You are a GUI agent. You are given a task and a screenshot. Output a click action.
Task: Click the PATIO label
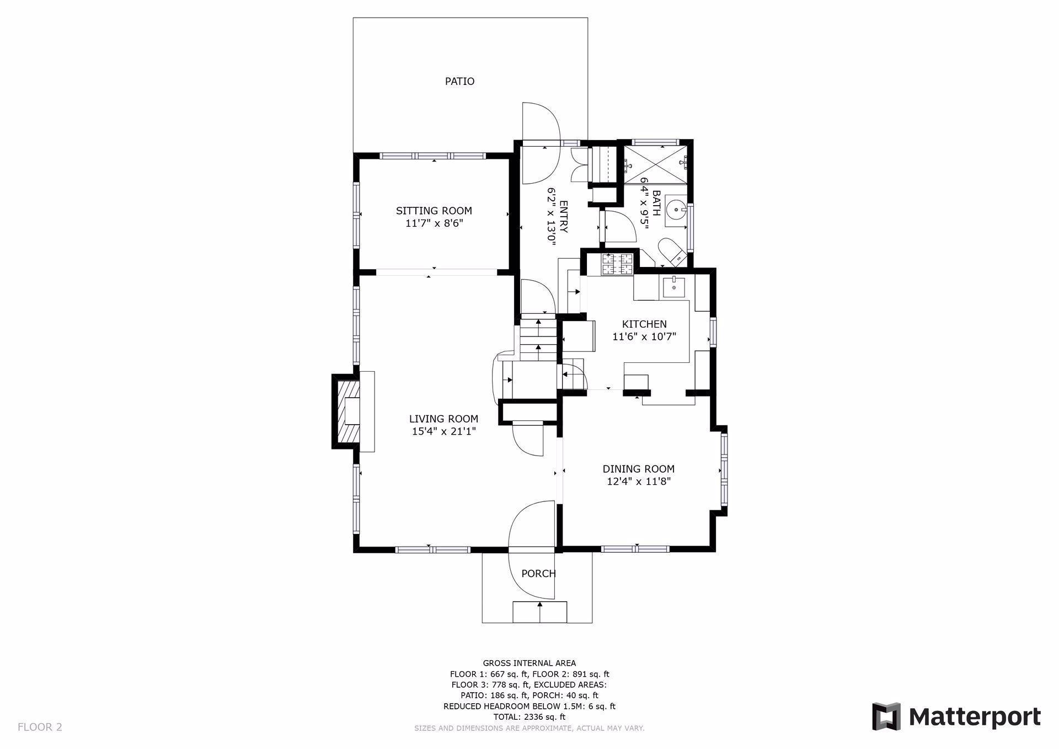459,81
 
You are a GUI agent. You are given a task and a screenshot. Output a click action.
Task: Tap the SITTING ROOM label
434,211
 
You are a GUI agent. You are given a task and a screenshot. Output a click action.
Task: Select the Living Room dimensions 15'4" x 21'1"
443,431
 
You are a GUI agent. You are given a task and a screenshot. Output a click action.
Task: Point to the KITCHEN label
644,324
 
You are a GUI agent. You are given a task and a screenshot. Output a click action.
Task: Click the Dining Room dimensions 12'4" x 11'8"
639,481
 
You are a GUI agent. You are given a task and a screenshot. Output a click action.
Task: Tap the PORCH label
538,574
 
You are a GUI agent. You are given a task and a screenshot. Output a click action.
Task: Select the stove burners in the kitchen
618,264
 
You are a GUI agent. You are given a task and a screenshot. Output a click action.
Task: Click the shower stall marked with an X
655,164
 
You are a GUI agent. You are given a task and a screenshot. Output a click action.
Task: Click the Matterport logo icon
886,716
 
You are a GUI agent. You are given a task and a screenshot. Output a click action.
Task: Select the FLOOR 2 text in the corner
40,727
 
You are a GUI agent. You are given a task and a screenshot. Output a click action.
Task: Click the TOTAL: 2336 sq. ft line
529,717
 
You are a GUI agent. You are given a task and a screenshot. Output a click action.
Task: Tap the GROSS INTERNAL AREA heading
529,663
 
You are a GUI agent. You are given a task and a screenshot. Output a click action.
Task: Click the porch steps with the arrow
540,612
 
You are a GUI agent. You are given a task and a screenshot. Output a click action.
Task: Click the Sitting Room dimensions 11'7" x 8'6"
434,223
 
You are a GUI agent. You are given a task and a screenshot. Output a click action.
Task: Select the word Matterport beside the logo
975,717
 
